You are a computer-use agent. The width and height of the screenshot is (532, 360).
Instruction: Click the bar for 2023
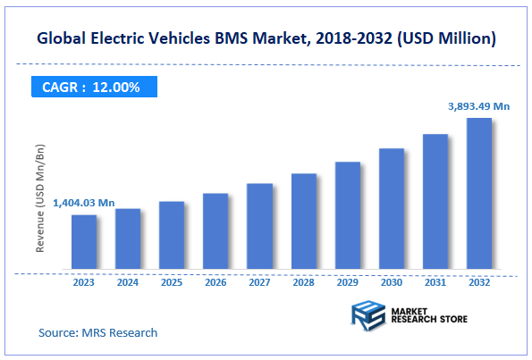[x=84, y=241]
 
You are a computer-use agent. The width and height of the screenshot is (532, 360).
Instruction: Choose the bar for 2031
[x=435, y=201]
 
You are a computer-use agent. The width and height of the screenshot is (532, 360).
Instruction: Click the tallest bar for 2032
[x=478, y=193]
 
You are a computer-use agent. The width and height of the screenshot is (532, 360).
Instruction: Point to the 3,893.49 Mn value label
[x=478, y=106]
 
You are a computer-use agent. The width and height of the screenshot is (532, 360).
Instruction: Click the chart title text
[x=266, y=39]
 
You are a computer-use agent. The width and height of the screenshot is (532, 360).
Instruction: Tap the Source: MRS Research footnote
[x=97, y=332]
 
